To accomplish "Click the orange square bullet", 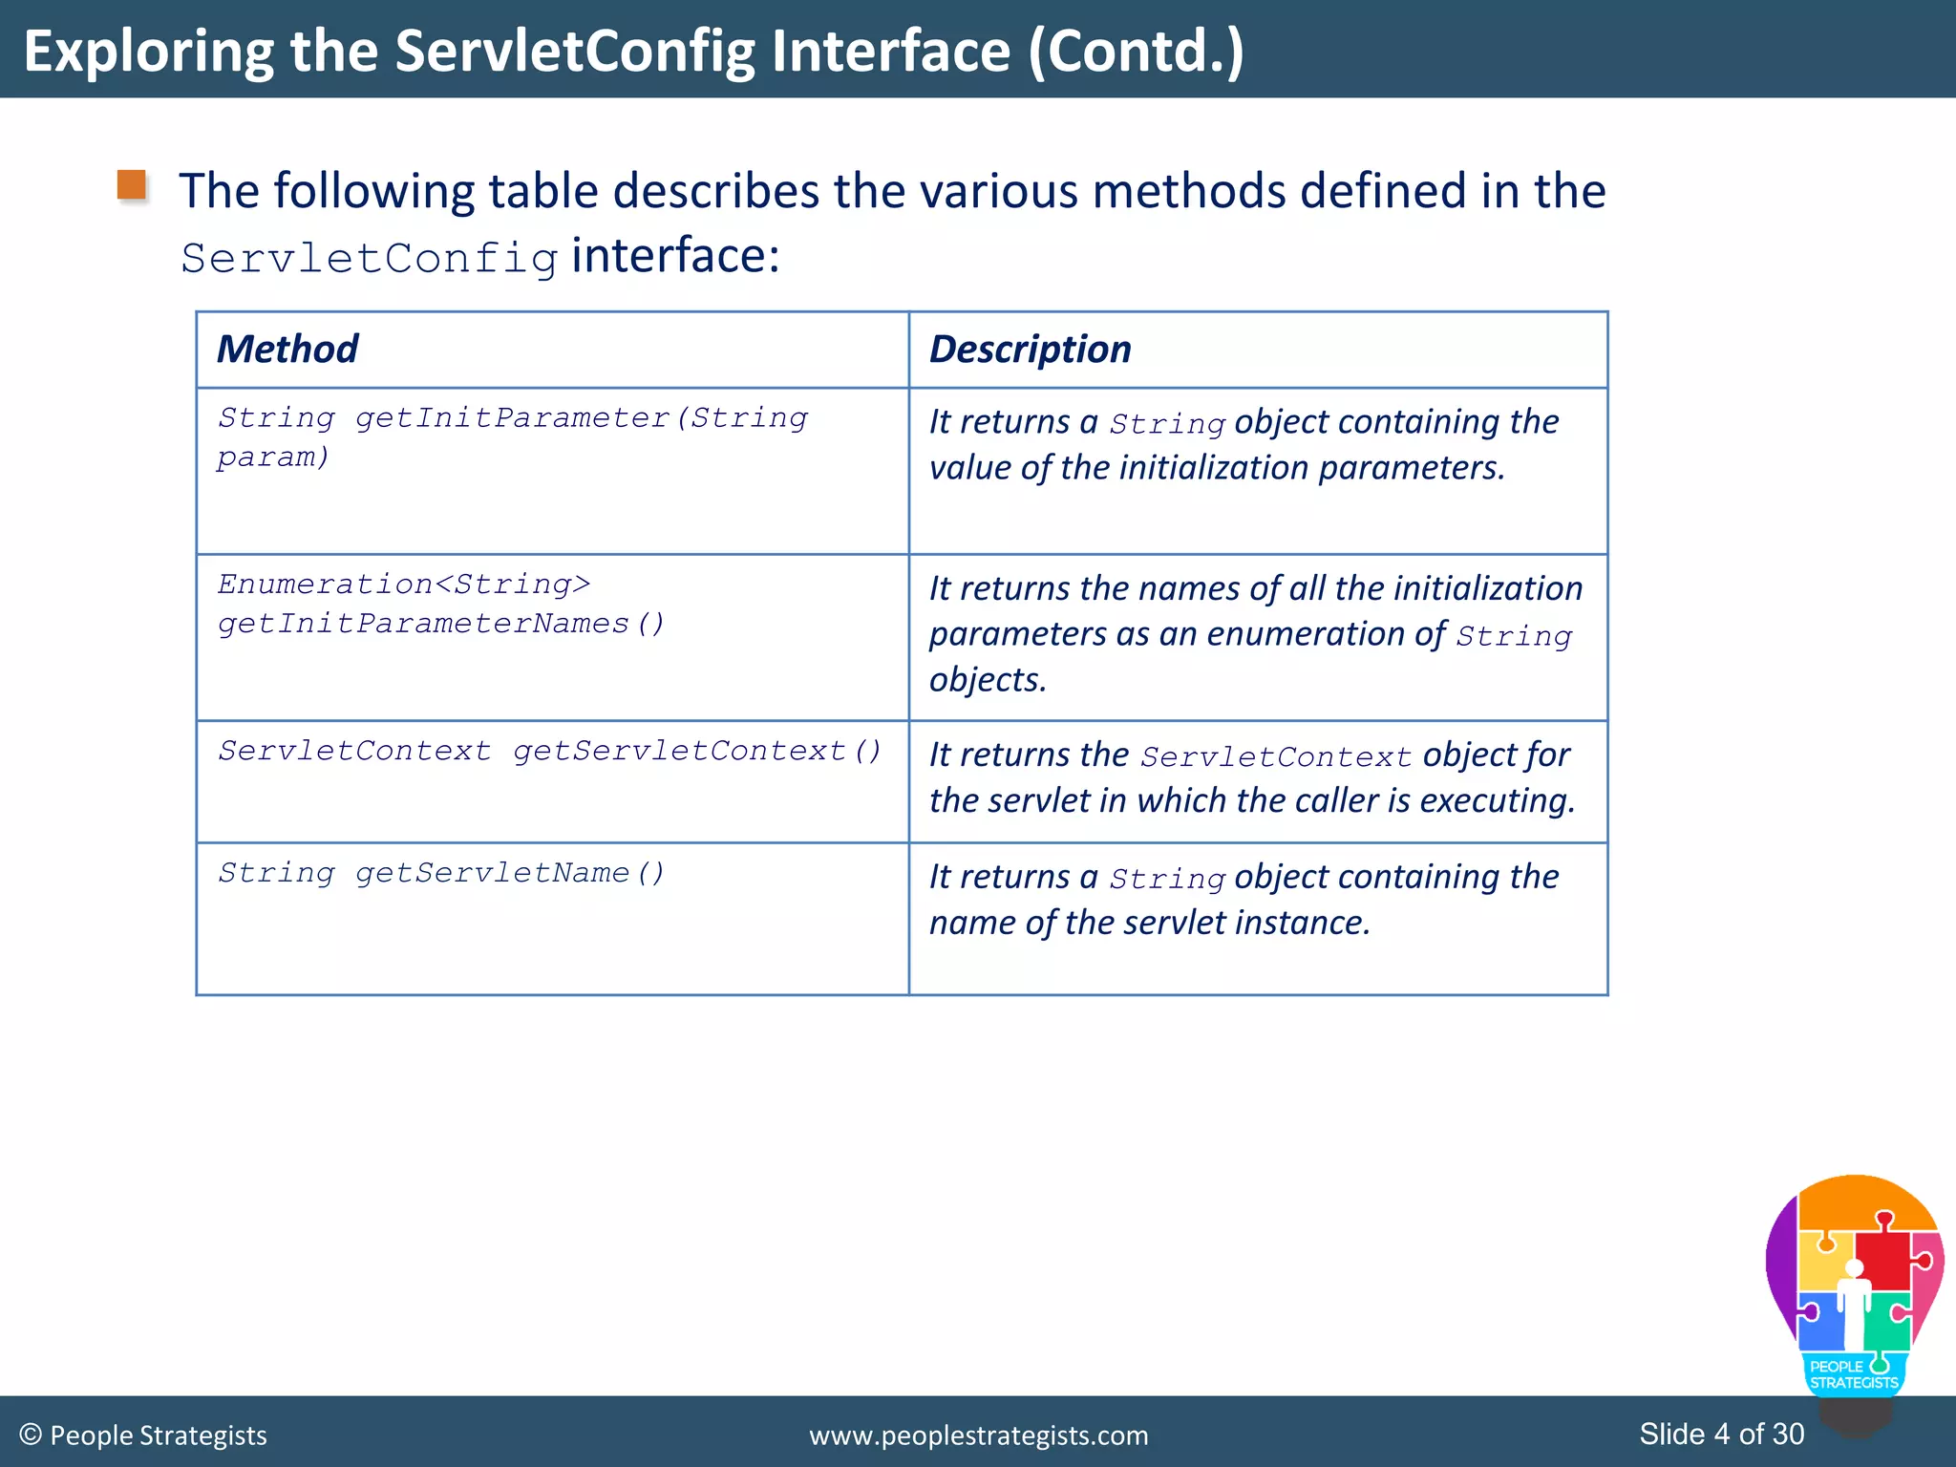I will pyautogui.click(x=132, y=185).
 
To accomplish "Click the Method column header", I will pyautogui.click(x=287, y=350).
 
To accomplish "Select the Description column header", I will pyautogui.click(x=1030, y=350).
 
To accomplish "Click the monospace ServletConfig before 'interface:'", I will pyautogui.click(x=370, y=259).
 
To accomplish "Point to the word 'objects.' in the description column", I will pyautogui.click(x=988, y=680).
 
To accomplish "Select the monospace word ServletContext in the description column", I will pyautogui.click(x=1275, y=756).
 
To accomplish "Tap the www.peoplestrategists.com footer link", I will pyautogui.click(x=978, y=1435).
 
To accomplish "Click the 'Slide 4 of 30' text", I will pyautogui.click(x=1721, y=1434).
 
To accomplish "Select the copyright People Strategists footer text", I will pyautogui.click(x=143, y=1435).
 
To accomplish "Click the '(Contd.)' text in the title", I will pyautogui.click(x=1136, y=51).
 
